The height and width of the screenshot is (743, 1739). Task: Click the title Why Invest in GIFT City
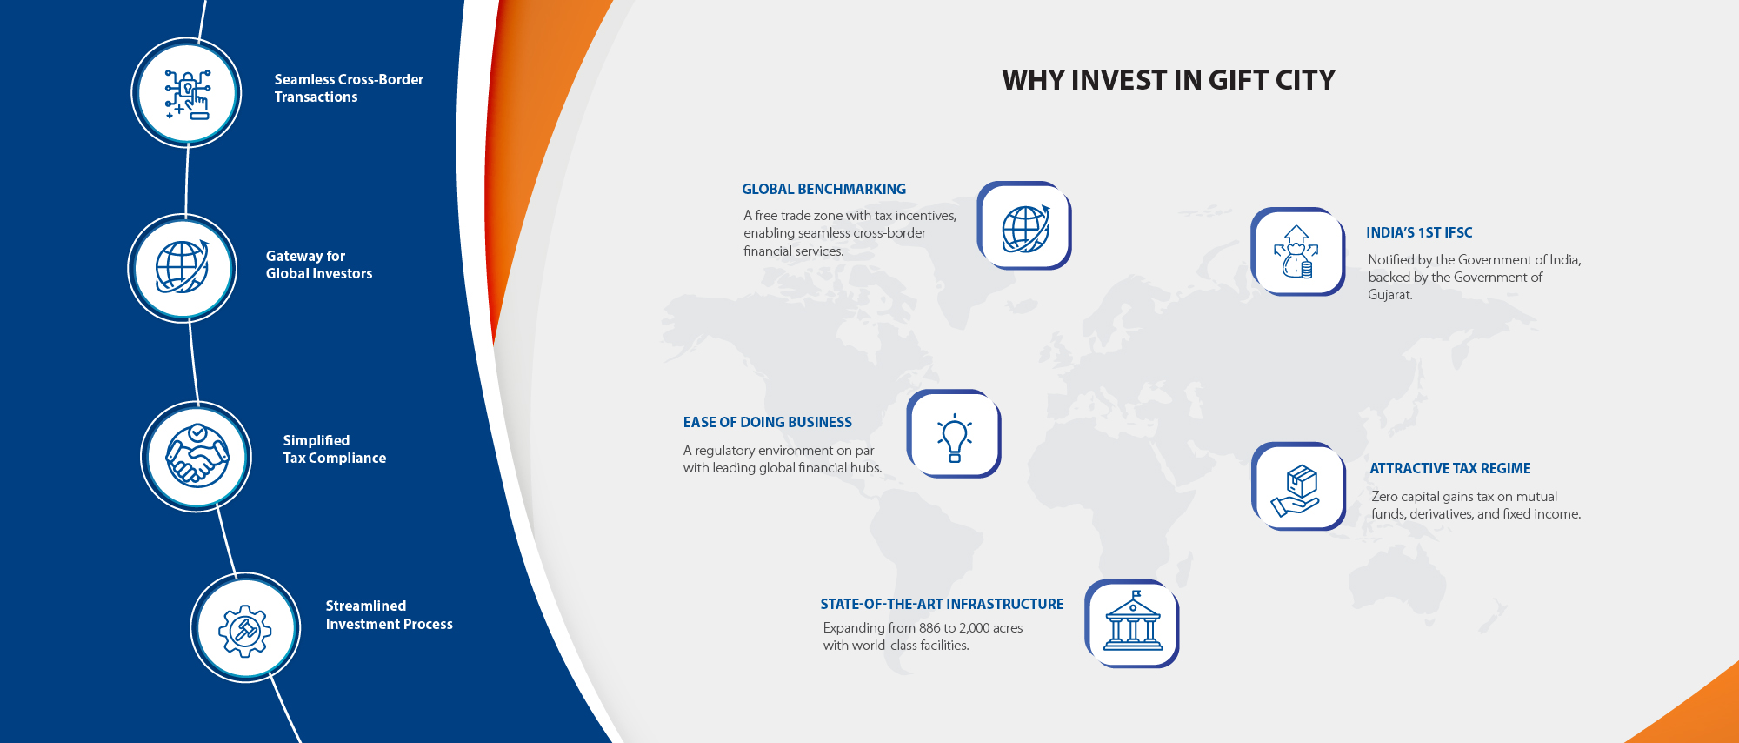point(1168,80)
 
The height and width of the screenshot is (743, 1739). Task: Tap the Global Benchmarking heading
point(823,189)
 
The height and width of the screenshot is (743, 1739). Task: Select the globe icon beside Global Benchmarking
point(1024,226)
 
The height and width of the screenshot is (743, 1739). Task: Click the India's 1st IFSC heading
point(1419,232)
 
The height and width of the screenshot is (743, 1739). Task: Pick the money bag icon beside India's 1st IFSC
point(1297,252)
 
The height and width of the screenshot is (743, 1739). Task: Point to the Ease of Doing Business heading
point(767,422)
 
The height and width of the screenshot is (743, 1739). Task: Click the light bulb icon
point(954,435)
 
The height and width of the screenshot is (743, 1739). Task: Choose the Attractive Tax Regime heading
point(1449,468)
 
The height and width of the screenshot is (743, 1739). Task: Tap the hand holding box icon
point(1297,487)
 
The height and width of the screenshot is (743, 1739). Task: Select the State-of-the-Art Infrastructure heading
point(942,604)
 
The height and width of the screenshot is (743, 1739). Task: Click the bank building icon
point(1132,624)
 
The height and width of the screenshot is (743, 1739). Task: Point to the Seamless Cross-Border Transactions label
point(349,88)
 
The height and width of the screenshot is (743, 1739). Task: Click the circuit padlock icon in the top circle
point(187,93)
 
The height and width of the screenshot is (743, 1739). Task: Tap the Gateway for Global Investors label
point(318,264)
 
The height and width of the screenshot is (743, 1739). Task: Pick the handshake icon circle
point(197,457)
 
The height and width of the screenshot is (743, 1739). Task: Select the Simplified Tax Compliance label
point(334,449)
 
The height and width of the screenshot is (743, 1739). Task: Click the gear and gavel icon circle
point(245,628)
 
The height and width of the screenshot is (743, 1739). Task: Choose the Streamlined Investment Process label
point(389,615)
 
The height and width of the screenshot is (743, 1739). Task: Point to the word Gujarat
point(1389,295)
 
